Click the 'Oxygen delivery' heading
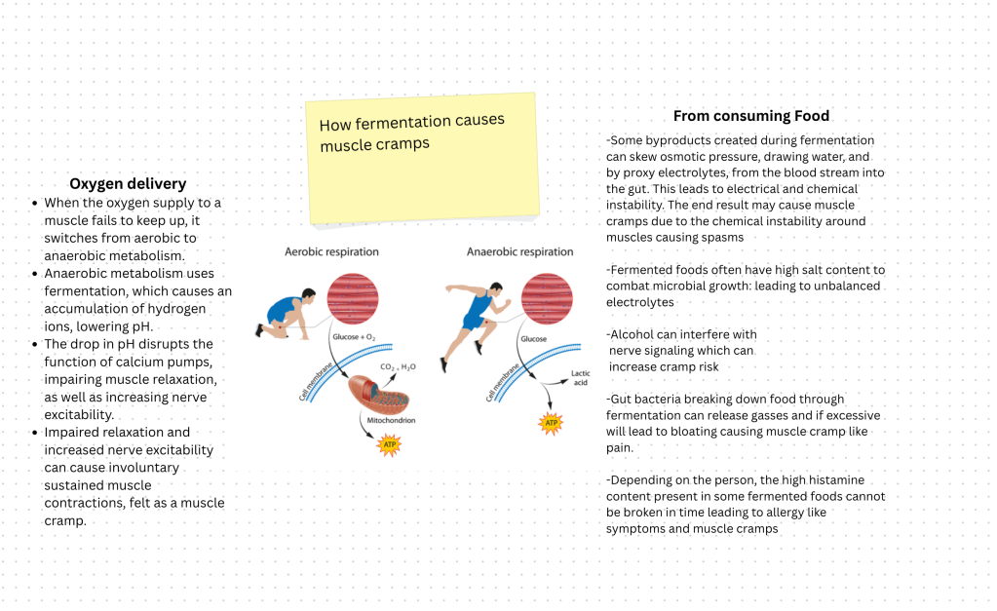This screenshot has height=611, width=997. (x=128, y=183)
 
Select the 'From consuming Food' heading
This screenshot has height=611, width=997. (x=751, y=116)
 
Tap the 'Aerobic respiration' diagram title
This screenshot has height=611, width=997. (x=331, y=251)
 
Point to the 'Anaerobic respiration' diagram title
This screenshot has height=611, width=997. (x=519, y=251)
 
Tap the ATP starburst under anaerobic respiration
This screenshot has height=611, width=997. (x=551, y=423)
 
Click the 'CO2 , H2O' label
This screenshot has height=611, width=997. (x=398, y=366)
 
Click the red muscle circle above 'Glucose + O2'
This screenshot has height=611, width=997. (x=351, y=297)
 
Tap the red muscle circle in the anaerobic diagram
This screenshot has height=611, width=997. (x=546, y=297)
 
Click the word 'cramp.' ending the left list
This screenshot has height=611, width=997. (x=66, y=520)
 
